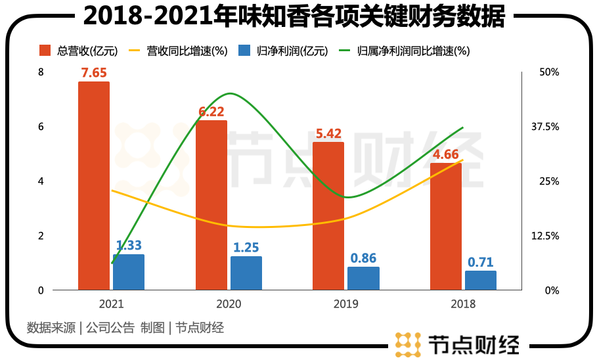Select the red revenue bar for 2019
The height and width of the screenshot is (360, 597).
coord(328,216)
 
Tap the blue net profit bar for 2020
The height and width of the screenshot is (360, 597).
coord(246,273)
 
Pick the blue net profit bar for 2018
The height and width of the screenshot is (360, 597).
coord(481,281)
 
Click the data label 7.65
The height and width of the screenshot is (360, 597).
coord(94,73)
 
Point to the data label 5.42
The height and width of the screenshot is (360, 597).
coord(328,133)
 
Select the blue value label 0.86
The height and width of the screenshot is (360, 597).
coord(363,258)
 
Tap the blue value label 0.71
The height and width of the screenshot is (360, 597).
coord(481,262)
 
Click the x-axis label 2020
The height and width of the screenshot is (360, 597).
coord(229,304)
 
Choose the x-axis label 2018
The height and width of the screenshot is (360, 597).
coord(463,304)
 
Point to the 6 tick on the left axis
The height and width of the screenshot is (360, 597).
coord(41,127)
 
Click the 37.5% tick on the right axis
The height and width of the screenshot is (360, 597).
coord(545,127)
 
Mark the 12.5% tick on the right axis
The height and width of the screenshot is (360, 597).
coord(545,236)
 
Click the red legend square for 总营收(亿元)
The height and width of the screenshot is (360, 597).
coord(45,51)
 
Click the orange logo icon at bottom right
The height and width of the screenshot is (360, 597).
coord(407,344)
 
